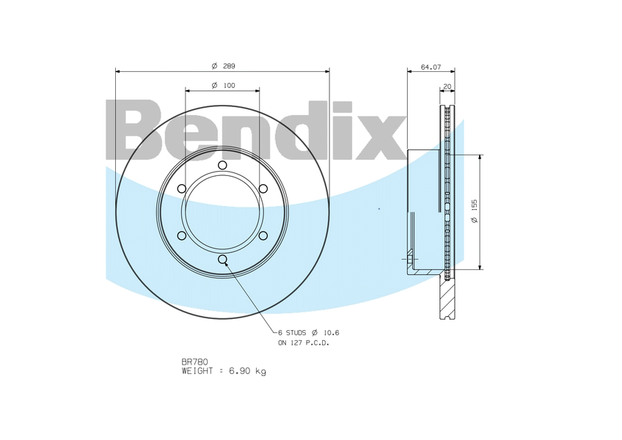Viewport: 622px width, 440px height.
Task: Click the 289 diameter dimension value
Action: tap(229, 66)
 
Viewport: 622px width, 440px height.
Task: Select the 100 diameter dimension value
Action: tap(229, 86)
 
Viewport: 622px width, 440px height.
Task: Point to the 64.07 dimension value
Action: tap(431, 67)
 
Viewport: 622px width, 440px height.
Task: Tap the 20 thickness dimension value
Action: tap(447, 87)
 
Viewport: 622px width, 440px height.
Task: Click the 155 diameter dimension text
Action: tap(475, 212)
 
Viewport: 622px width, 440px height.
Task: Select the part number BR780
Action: tap(194, 362)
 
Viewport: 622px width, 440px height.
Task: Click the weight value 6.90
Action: tap(241, 371)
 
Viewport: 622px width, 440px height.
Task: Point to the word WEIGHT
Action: tap(199, 371)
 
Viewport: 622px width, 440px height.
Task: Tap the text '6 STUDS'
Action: tap(293, 332)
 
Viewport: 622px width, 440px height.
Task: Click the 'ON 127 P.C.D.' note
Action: tap(304, 342)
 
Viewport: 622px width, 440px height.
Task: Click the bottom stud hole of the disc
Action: tap(222, 259)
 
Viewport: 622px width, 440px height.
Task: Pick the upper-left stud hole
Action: tap(182, 188)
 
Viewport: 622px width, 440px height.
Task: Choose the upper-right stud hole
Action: tap(263, 188)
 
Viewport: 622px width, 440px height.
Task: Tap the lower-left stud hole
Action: tap(182, 235)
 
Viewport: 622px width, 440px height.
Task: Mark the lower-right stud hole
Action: tap(263, 235)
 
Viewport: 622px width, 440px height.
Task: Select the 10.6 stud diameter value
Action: tap(330, 332)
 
